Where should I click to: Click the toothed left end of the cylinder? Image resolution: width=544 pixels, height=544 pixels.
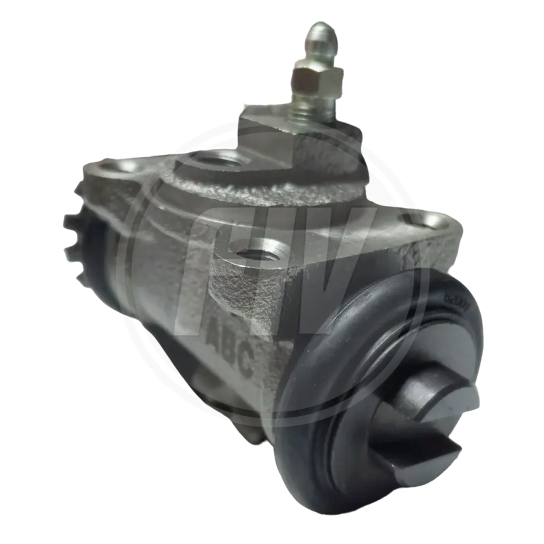coord(78,218)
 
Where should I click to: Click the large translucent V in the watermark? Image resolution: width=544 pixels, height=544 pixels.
coord(340,272)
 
